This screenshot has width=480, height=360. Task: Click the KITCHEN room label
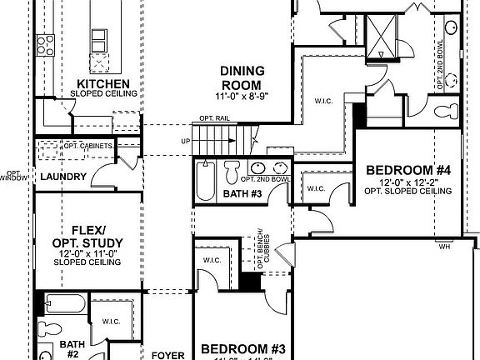(x=102, y=84)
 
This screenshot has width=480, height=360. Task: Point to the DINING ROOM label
(x=242, y=77)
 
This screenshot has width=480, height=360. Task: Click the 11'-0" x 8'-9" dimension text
(x=242, y=97)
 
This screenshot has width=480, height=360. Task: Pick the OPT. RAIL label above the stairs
(x=213, y=119)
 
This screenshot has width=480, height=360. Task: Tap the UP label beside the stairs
(x=185, y=142)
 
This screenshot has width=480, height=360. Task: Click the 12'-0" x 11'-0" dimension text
(x=87, y=252)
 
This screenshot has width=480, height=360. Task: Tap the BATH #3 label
(x=242, y=194)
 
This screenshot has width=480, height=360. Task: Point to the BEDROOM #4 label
(x=408, y=171)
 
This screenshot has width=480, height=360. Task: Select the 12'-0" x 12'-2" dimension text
(x=408, y=182)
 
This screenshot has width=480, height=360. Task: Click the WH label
(x=444, y=246)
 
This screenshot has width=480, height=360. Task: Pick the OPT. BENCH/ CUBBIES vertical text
(x=263, y=247)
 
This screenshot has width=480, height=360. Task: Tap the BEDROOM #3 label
(x=243, y=348)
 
